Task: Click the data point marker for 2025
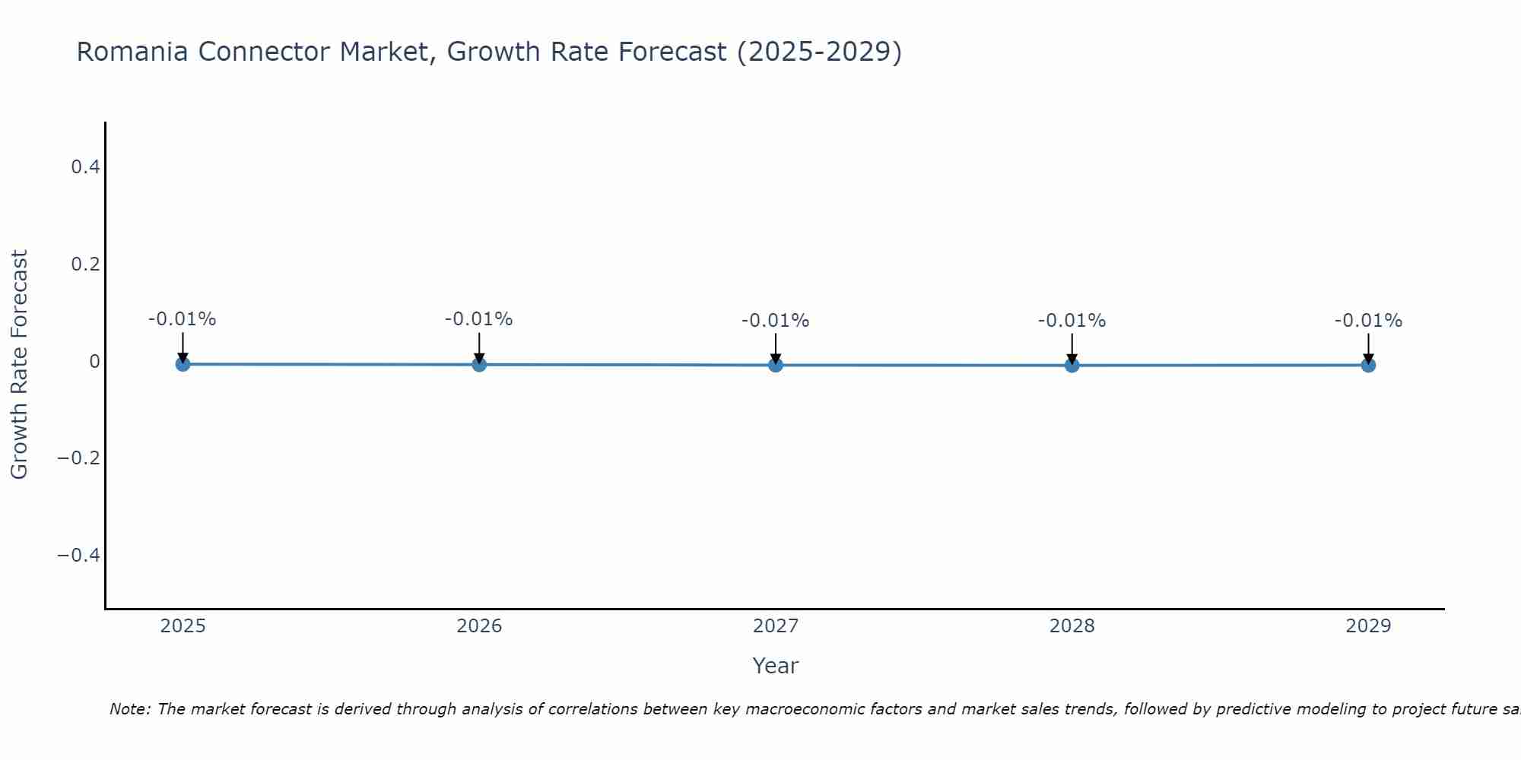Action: [x=183, y=364]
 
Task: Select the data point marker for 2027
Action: [x=776, y=365]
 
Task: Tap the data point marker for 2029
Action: [x=1368, y=365]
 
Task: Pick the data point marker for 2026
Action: [x=479, y=364]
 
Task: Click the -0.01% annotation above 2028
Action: [x=1072, y=321]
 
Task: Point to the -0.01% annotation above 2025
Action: [x=183, y=319]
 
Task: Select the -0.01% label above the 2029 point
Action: [x=1368, y=321]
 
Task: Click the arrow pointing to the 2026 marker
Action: [x=479, y=346]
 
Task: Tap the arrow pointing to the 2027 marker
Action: [x=776, y=347]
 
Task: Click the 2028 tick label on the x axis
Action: [x=1072, y=626]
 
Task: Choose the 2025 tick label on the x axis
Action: [x=183, y=626]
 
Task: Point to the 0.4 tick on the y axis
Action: [x=86, y=166]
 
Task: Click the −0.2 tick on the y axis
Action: [x=79, y=458]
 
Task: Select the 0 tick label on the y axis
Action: [x=95, y=361]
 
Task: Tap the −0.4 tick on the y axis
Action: [x=79, y=555]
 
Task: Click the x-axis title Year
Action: [x=775, y=666]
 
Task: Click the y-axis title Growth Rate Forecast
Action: [x=19, y=365]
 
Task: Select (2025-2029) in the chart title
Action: [x=819, y=52]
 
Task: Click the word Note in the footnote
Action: [x=129, y=709]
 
